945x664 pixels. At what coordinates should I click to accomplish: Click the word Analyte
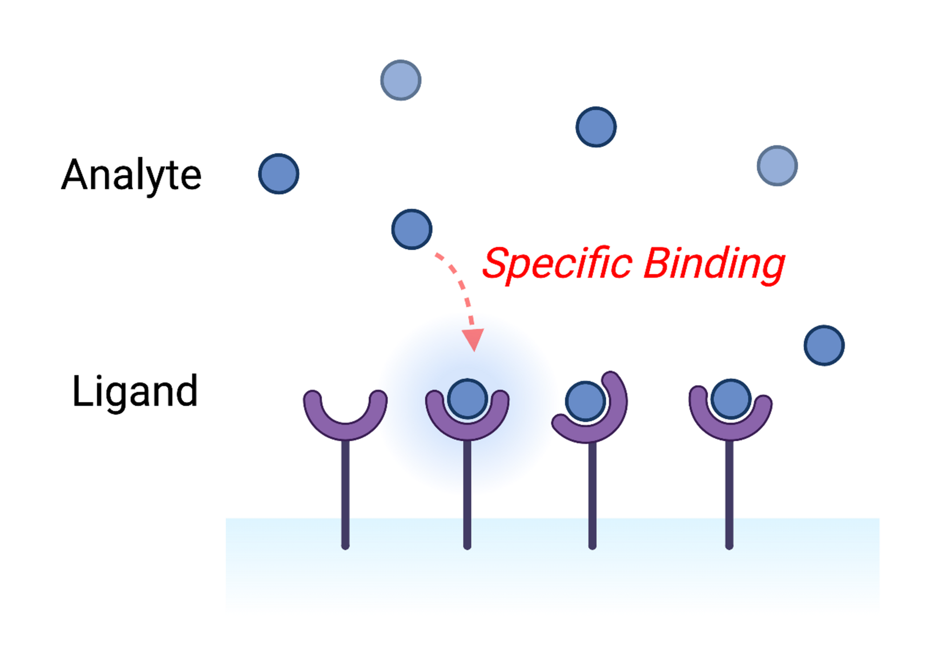point(131,176)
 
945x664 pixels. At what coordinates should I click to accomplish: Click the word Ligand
point(135,392)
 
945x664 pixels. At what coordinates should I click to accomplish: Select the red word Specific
point(557,265)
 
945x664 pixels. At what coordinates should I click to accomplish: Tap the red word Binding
point(715,265)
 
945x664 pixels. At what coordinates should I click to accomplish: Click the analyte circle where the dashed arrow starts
point(412,229)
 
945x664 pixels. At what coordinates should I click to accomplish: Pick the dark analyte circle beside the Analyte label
point(279,174)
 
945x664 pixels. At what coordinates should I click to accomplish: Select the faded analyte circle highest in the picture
point(401,80)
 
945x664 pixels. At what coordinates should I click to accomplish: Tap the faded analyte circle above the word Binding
point(777,166)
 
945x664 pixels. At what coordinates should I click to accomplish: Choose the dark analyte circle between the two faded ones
point(596,127)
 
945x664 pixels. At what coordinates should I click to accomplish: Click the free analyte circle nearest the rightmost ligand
point(824,345)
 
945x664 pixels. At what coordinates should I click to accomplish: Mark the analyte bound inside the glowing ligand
point(468,399)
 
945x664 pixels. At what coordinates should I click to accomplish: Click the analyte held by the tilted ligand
point(585,401)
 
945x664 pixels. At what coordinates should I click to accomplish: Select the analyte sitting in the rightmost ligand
point(731,399)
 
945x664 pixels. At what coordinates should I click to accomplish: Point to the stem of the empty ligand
point(346,494)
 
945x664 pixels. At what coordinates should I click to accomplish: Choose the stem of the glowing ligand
point(467,494)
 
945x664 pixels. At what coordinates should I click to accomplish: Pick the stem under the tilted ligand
point(593,496)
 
